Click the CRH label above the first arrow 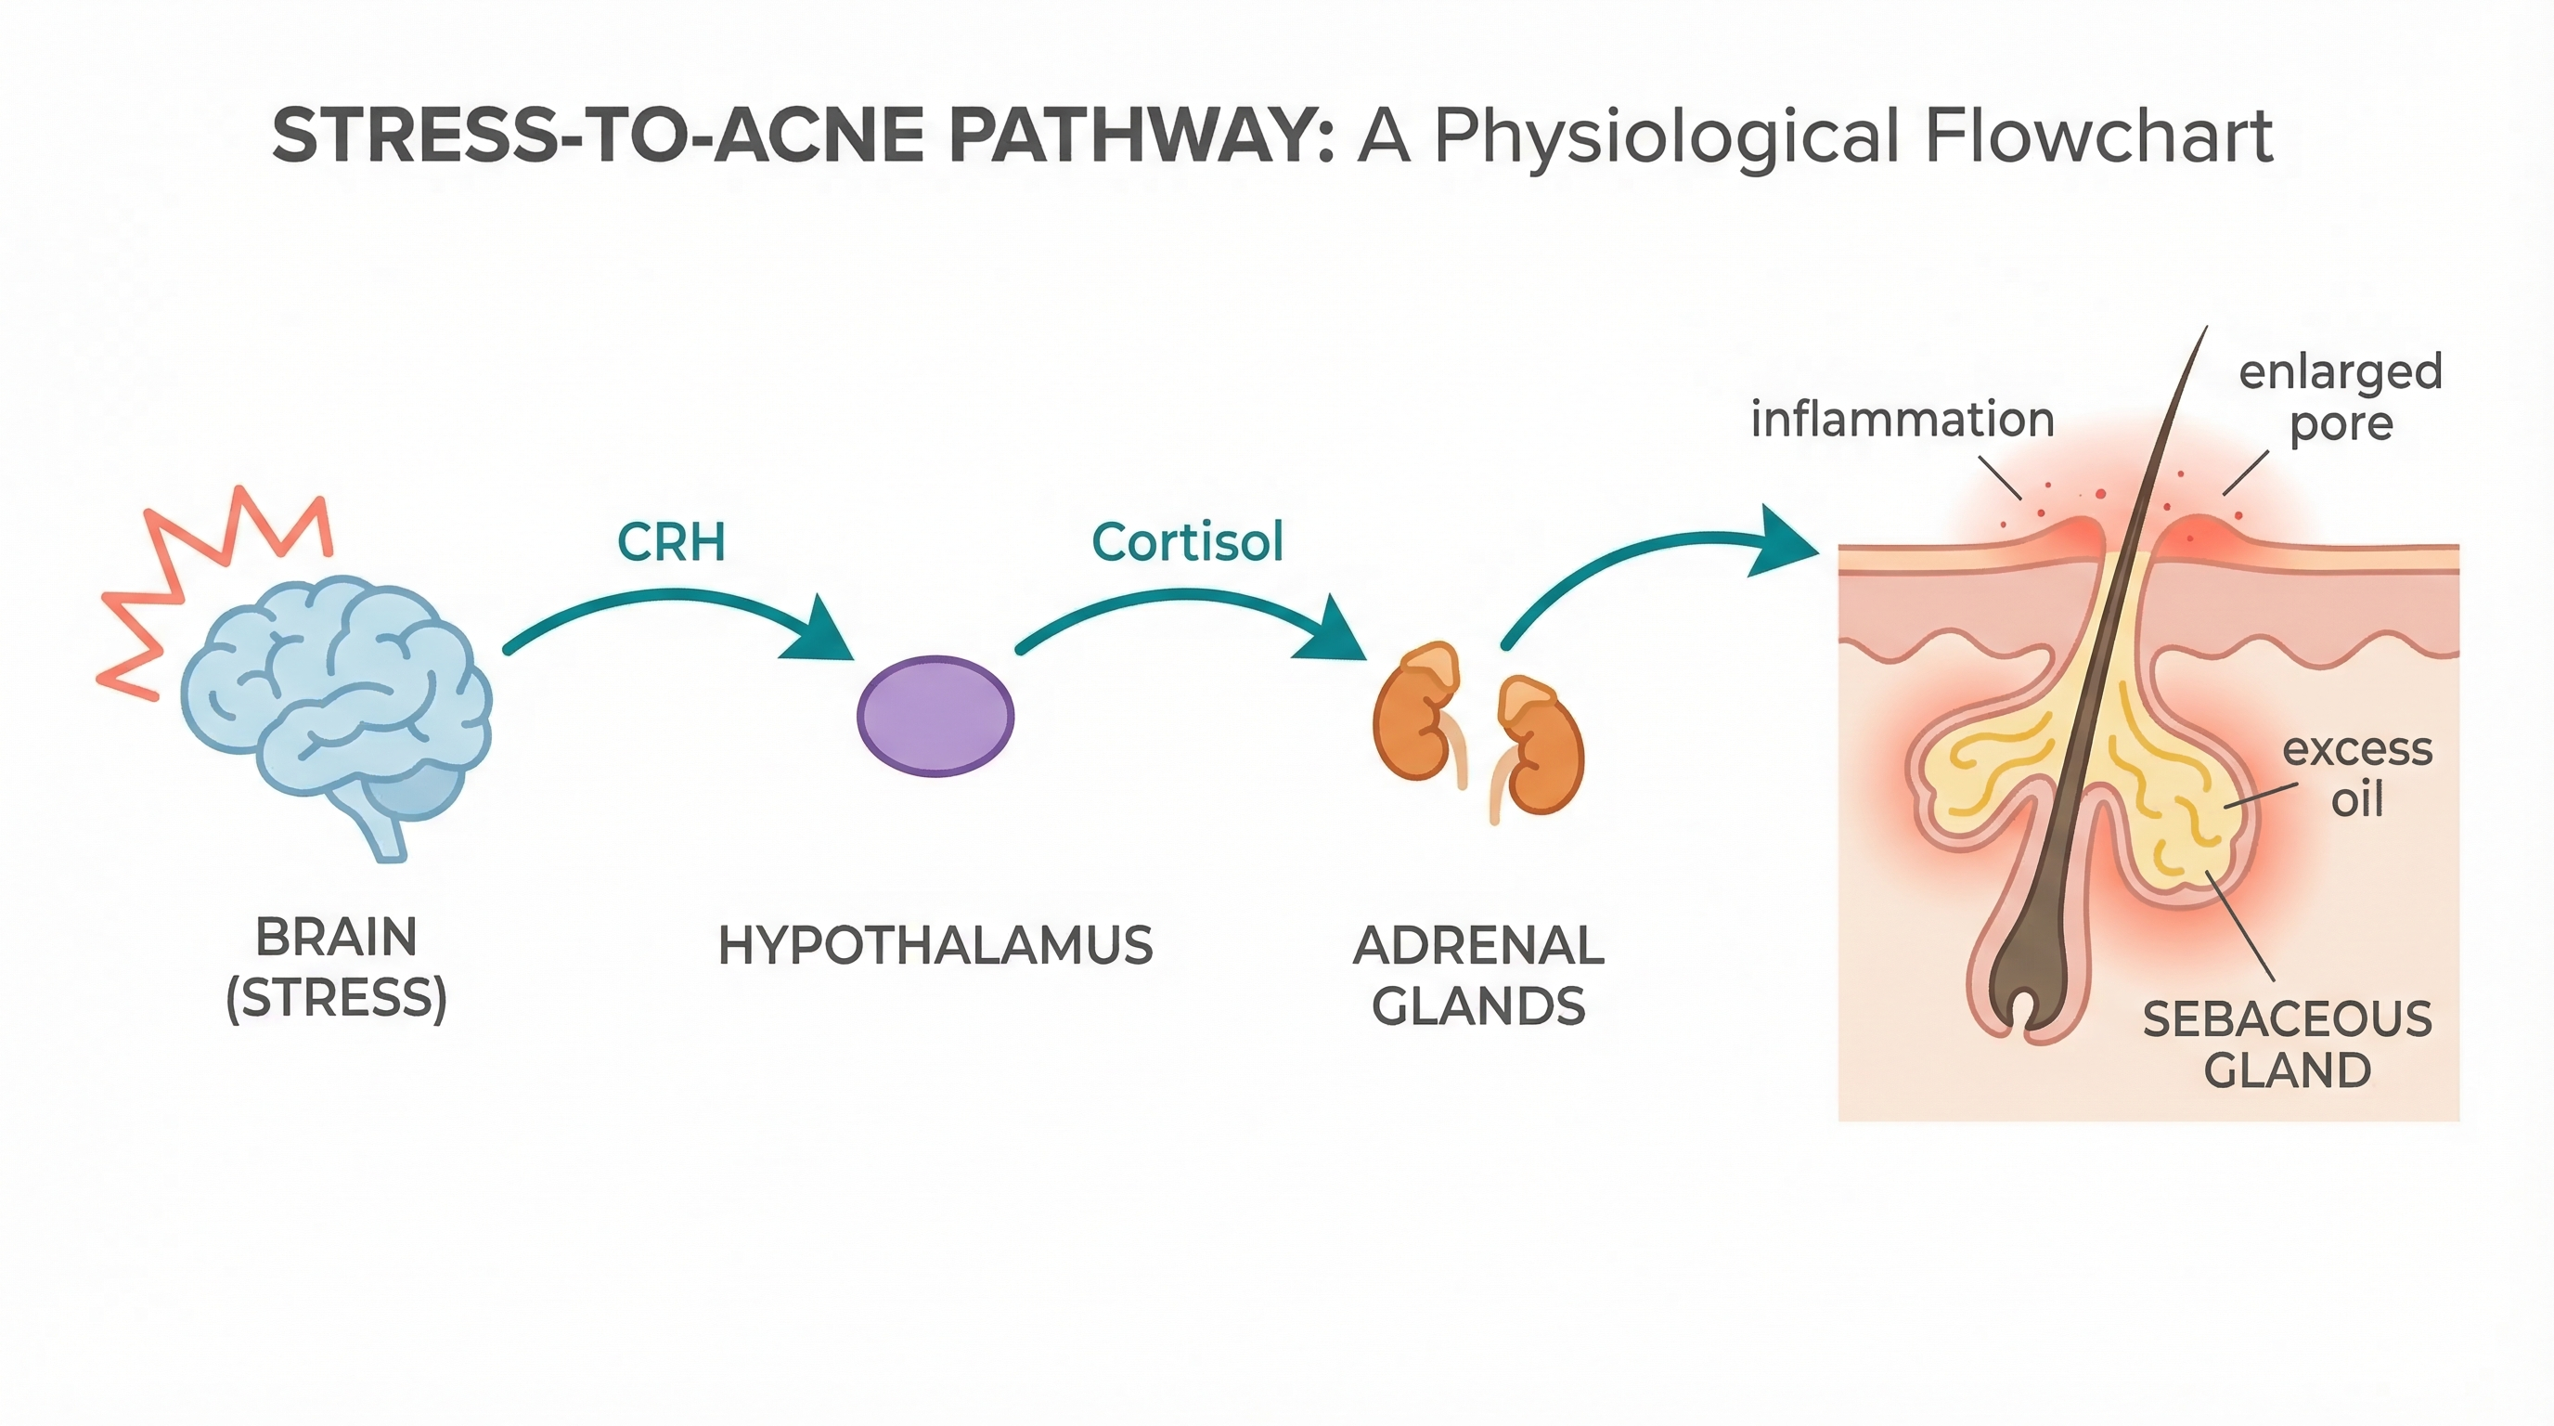click(x=671, y=542)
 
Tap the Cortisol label click(x=1187, y=542)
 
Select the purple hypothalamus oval click(x=935, y=715)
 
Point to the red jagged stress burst click(x=199, y=576)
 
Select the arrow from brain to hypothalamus click(x=674, y=605)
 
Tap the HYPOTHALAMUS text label click(x=935, y=945)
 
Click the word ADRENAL click(x=1478, y=945)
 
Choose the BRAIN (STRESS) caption click(x=337, y=966)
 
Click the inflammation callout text click(x=1902, y=420)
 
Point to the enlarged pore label click(x=2340, y=396)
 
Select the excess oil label click(x=2356, y=773)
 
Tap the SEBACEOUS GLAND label click(x=2288, y=1044)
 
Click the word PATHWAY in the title click(x=1141, y=136)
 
